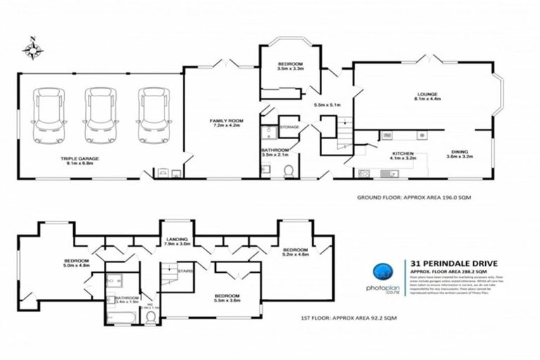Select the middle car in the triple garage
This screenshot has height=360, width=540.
[x=101, y=115]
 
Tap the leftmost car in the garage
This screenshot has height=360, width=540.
[x=49, y=115]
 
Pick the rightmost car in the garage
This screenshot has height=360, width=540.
[x=152, y=115]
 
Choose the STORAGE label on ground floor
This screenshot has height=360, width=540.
[x=290, y=127]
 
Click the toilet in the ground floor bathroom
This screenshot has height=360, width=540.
[x=288, y=169]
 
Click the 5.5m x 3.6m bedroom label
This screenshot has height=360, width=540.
[x=227, y=298]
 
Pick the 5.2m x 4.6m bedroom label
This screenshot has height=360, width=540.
[x=295, y=252]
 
